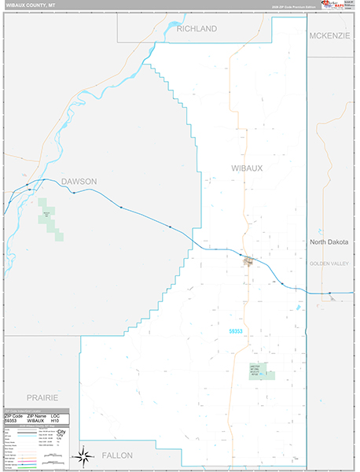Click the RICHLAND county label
[197, 29]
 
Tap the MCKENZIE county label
[329, 36]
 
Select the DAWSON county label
[79, 182]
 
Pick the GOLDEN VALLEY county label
[331, 263]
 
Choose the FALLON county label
[116, 455]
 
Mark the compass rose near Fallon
[82, 455]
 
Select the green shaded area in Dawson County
[50, 216]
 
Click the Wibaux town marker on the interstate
[248, 261]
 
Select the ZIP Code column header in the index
[13, 416]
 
